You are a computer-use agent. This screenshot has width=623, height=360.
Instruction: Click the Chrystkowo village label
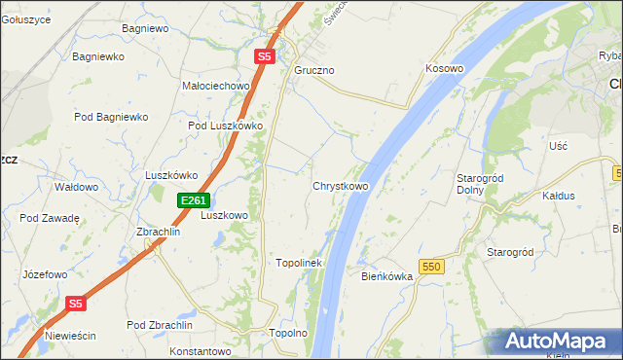coord(340,186)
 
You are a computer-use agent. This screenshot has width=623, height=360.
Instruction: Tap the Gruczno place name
coord(314,71)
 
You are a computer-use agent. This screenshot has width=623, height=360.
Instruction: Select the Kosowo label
coord(444,69)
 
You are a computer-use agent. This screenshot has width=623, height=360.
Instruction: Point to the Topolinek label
coord(299,263)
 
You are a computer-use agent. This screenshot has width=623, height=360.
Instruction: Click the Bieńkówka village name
coord(387,276)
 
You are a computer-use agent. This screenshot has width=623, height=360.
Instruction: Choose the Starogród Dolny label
coord(478,184)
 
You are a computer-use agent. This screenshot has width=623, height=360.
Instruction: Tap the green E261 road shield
coord(193,200)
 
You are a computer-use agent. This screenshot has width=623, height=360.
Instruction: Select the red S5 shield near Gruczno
coord(265,57)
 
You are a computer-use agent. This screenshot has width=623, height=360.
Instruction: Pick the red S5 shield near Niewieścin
coord(77,304)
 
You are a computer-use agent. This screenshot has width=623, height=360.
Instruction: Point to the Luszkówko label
coord(171,175)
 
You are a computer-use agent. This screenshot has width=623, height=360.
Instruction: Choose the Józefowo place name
coord(44,274)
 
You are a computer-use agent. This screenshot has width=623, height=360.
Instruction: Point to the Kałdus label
coord(559,196)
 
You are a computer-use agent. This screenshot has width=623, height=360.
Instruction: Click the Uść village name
coord(558,145)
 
